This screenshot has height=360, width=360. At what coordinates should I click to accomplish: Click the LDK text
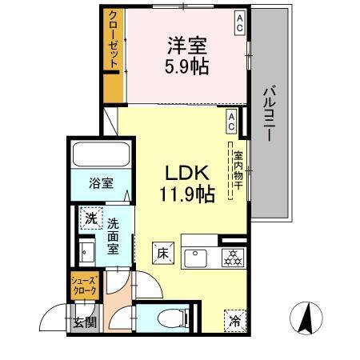187,172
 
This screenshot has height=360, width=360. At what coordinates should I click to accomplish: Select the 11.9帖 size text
187,194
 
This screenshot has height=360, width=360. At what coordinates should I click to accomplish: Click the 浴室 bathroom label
101,182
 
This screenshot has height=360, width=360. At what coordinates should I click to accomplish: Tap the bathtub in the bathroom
100,154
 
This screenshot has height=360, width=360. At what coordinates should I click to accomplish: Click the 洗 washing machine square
91,217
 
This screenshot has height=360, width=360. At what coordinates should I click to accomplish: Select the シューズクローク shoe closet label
84,285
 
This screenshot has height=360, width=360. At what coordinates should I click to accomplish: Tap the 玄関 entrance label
85,323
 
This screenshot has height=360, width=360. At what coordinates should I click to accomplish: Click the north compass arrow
304,319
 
